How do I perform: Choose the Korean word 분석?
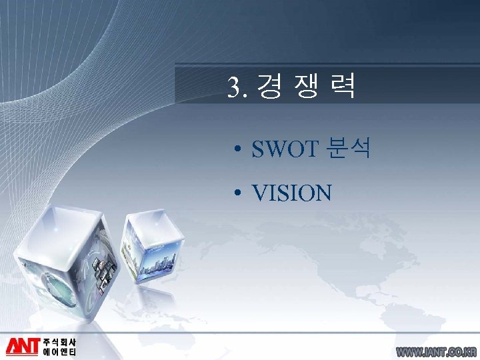coord(349,150)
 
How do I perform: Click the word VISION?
coord(291,193)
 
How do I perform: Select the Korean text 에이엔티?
coord(60,352)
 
